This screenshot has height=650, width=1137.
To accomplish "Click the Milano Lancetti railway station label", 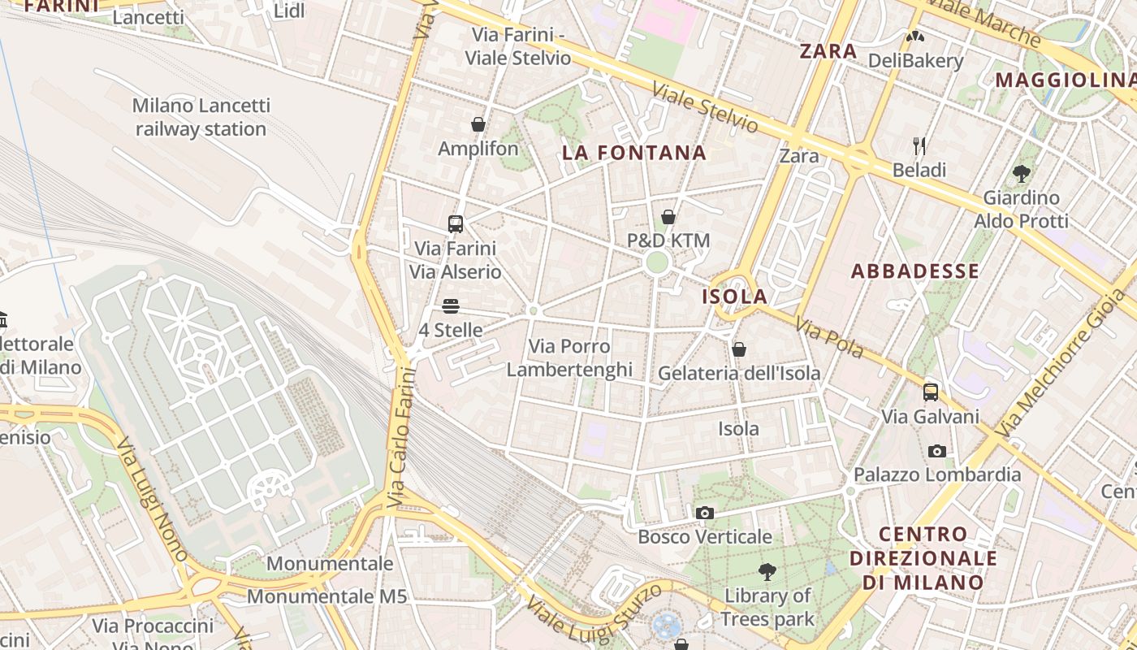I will coord(201,117).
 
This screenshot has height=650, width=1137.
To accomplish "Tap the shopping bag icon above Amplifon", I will coord(478,124).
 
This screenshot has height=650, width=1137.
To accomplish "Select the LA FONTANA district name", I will coord(634,153).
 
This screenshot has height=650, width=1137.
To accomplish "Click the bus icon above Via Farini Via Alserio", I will coord(455,223).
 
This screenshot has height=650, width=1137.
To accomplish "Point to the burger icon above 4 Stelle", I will coord(451,306).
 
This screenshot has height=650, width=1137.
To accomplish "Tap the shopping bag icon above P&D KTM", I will coord(668,217).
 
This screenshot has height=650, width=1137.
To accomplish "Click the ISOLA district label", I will coord(734,297).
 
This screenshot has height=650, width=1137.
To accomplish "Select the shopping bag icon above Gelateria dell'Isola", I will coord(738,349).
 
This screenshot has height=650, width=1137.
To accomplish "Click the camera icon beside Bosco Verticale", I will coord(704,513).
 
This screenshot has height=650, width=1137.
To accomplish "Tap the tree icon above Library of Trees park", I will coord(767,572).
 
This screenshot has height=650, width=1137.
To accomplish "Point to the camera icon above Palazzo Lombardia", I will coord(936,451).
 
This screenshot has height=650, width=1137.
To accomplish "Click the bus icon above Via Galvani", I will coord(931,392).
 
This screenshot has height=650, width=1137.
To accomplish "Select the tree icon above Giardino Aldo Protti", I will coord(1022,173).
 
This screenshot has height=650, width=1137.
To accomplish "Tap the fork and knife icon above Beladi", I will coord(919,146).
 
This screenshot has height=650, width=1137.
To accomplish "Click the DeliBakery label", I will coord(915,60).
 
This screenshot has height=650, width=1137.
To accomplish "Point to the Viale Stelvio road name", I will coord(705,109).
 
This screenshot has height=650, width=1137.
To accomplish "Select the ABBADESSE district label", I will coord(914,271).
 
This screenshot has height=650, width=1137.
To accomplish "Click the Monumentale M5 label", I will coord(326,596).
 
